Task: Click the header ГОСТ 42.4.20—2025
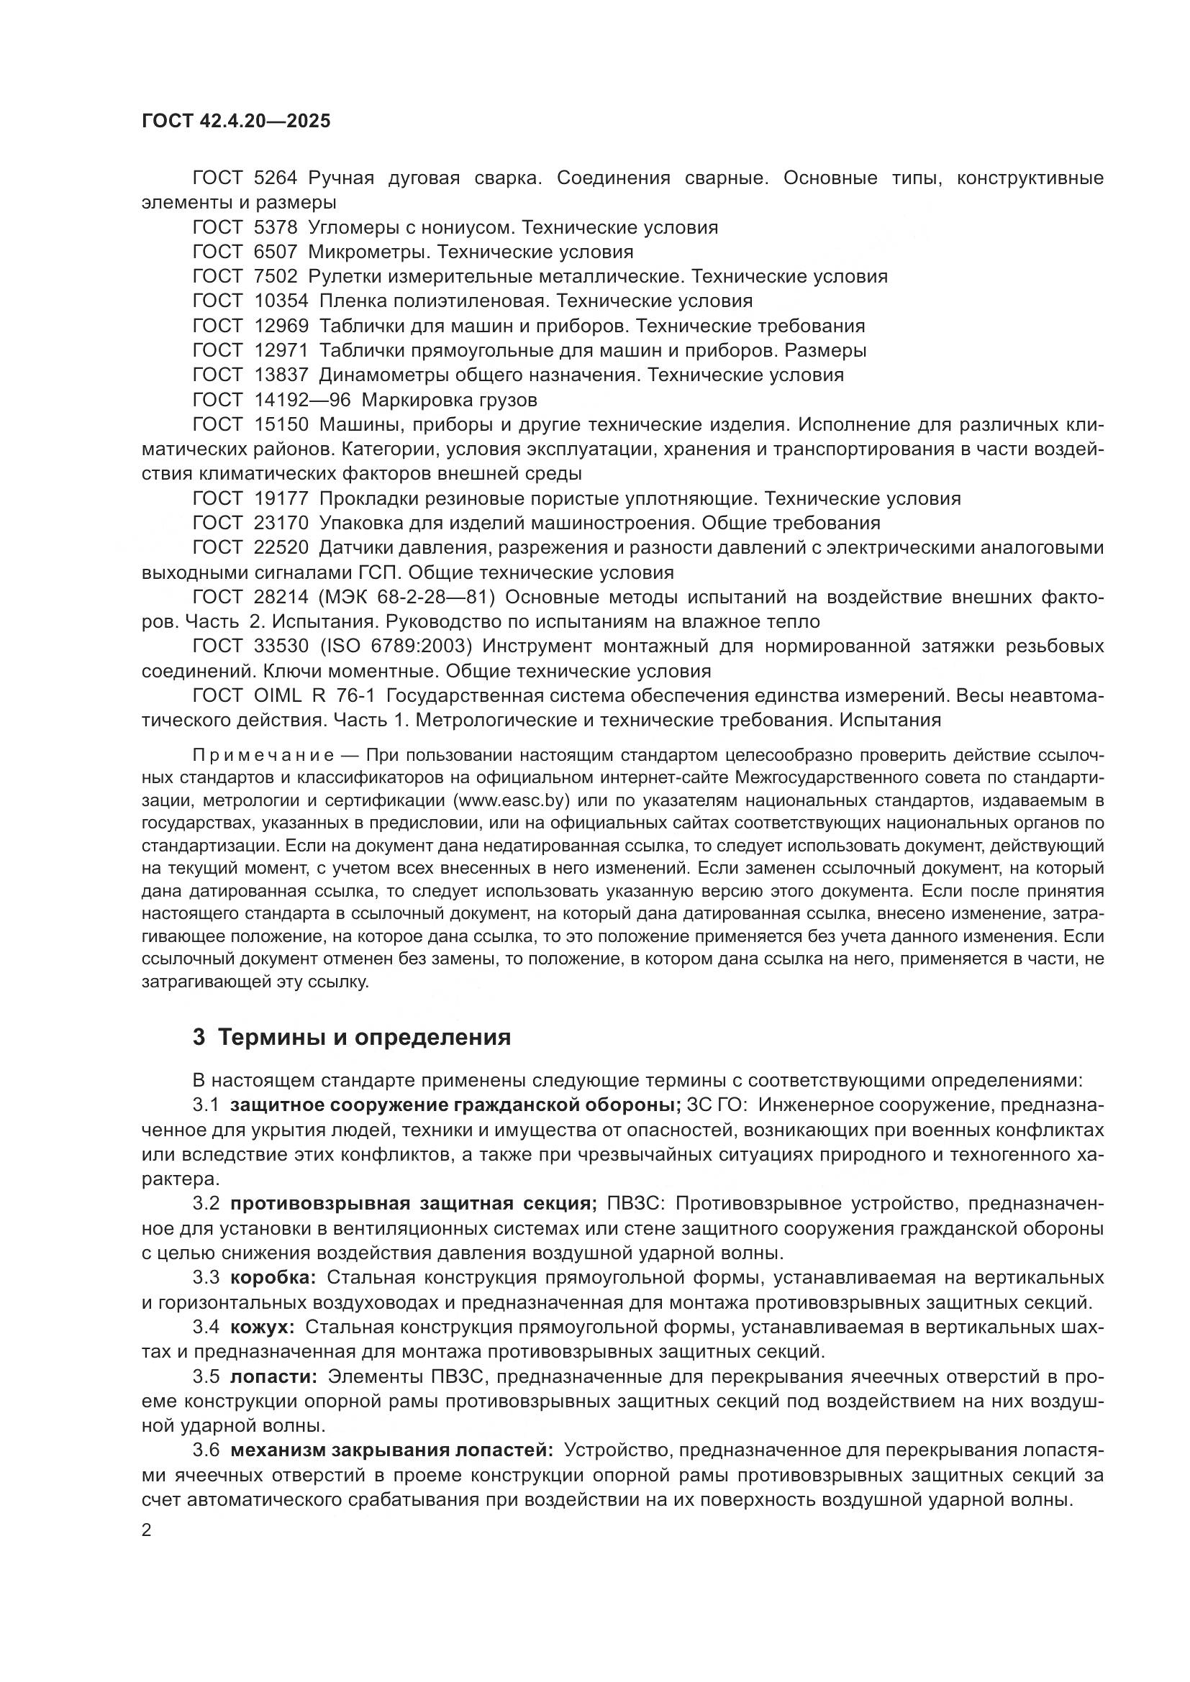tap(235, 121)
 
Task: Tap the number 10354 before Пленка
tap(281, 301)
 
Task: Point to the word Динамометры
tap(383, 375)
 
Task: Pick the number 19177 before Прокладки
tap(281, 499)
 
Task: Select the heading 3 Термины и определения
tap(351, 1038)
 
